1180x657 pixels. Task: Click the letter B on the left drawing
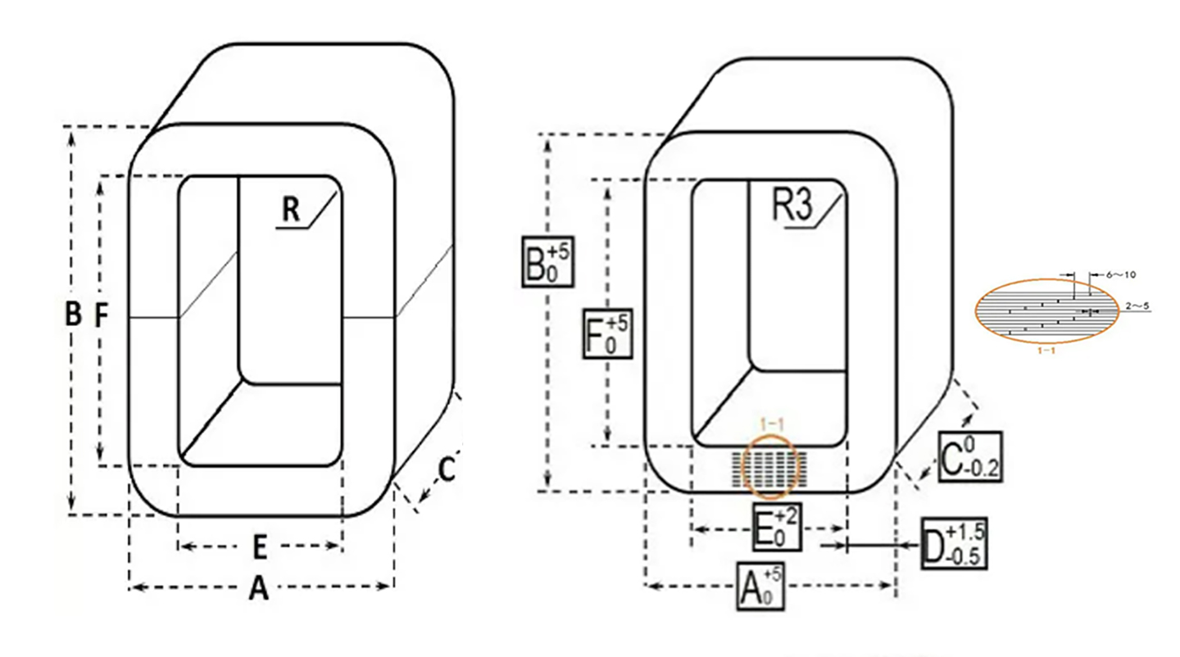click(x=73, y=315)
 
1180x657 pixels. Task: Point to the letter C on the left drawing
click(x=447, y=469)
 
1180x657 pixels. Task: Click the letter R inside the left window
click(x=291, y=211)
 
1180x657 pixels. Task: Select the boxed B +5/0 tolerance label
click(x=548, y=261)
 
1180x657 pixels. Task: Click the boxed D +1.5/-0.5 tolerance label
click(x=953, y=542)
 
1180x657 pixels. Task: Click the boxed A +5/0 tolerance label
click(x=760, y=585)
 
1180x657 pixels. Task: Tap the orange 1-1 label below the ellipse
click(x=1046, y=350)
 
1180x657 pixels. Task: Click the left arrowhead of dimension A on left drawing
click(x=134, y=586)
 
